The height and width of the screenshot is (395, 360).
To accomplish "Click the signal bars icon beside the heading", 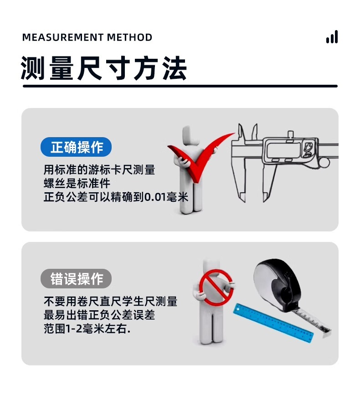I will pos(332,37).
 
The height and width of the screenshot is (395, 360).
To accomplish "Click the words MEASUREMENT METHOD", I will pos(87,37).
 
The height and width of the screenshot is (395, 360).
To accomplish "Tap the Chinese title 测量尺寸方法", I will pos(104,68).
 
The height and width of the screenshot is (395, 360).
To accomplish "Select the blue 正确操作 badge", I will pos(76,148).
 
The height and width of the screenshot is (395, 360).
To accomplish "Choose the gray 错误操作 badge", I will pos(76,279).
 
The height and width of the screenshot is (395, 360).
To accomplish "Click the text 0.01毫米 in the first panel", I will pos(166,197).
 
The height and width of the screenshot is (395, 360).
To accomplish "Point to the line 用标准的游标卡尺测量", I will pos(99,170).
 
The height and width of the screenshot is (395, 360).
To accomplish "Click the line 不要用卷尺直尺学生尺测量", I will pos(110,302).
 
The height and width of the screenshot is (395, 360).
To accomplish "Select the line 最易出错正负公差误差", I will pos(99,315).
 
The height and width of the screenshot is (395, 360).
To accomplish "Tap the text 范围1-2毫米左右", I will pos(87,328).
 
